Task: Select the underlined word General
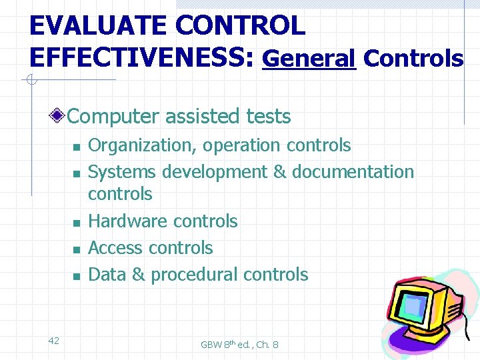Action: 309,59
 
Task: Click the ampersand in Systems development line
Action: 279,172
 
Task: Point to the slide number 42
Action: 54,341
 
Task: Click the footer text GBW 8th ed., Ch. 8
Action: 239,345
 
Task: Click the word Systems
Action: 122,172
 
